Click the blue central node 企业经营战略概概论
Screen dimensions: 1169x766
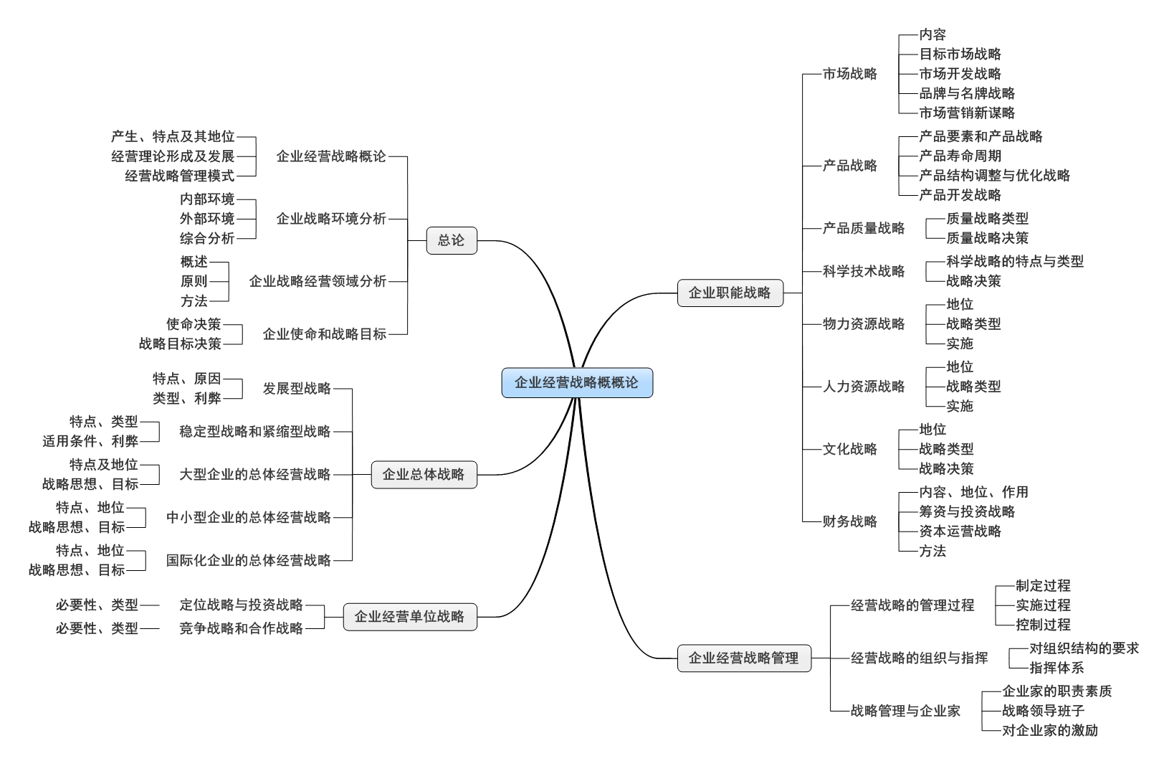[x=577, y=383]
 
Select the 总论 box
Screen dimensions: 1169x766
[x=452, y=240]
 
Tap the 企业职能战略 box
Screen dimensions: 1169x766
[x=730, y=293]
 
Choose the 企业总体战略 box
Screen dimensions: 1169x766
[x=424, y=475]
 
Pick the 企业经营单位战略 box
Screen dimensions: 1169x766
[x=410, y=617]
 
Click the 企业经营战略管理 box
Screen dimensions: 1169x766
[x=744, y=658]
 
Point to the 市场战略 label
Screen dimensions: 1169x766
[x=850, y=74]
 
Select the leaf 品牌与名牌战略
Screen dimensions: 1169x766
[x=967, y=93]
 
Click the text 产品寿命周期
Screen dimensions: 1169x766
[x=960, y=156]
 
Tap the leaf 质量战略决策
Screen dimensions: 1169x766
[x=988, y=238]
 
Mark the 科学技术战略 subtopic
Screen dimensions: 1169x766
[x=864, y=272]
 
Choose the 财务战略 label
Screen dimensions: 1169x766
[x=850, y=521]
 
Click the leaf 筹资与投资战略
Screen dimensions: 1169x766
[x=967, y=511]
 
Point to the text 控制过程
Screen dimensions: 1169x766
[x=1043, y=625]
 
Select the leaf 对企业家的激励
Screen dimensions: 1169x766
[x=1050, y=730]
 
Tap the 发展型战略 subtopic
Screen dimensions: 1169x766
[x=297, y=389]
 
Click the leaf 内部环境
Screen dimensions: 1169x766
[x=207, y=199]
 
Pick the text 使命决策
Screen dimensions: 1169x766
[x=194, y=324]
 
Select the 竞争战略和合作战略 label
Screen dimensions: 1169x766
[x=241, y=628]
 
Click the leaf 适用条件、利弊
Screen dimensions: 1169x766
[x=90, y=441]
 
